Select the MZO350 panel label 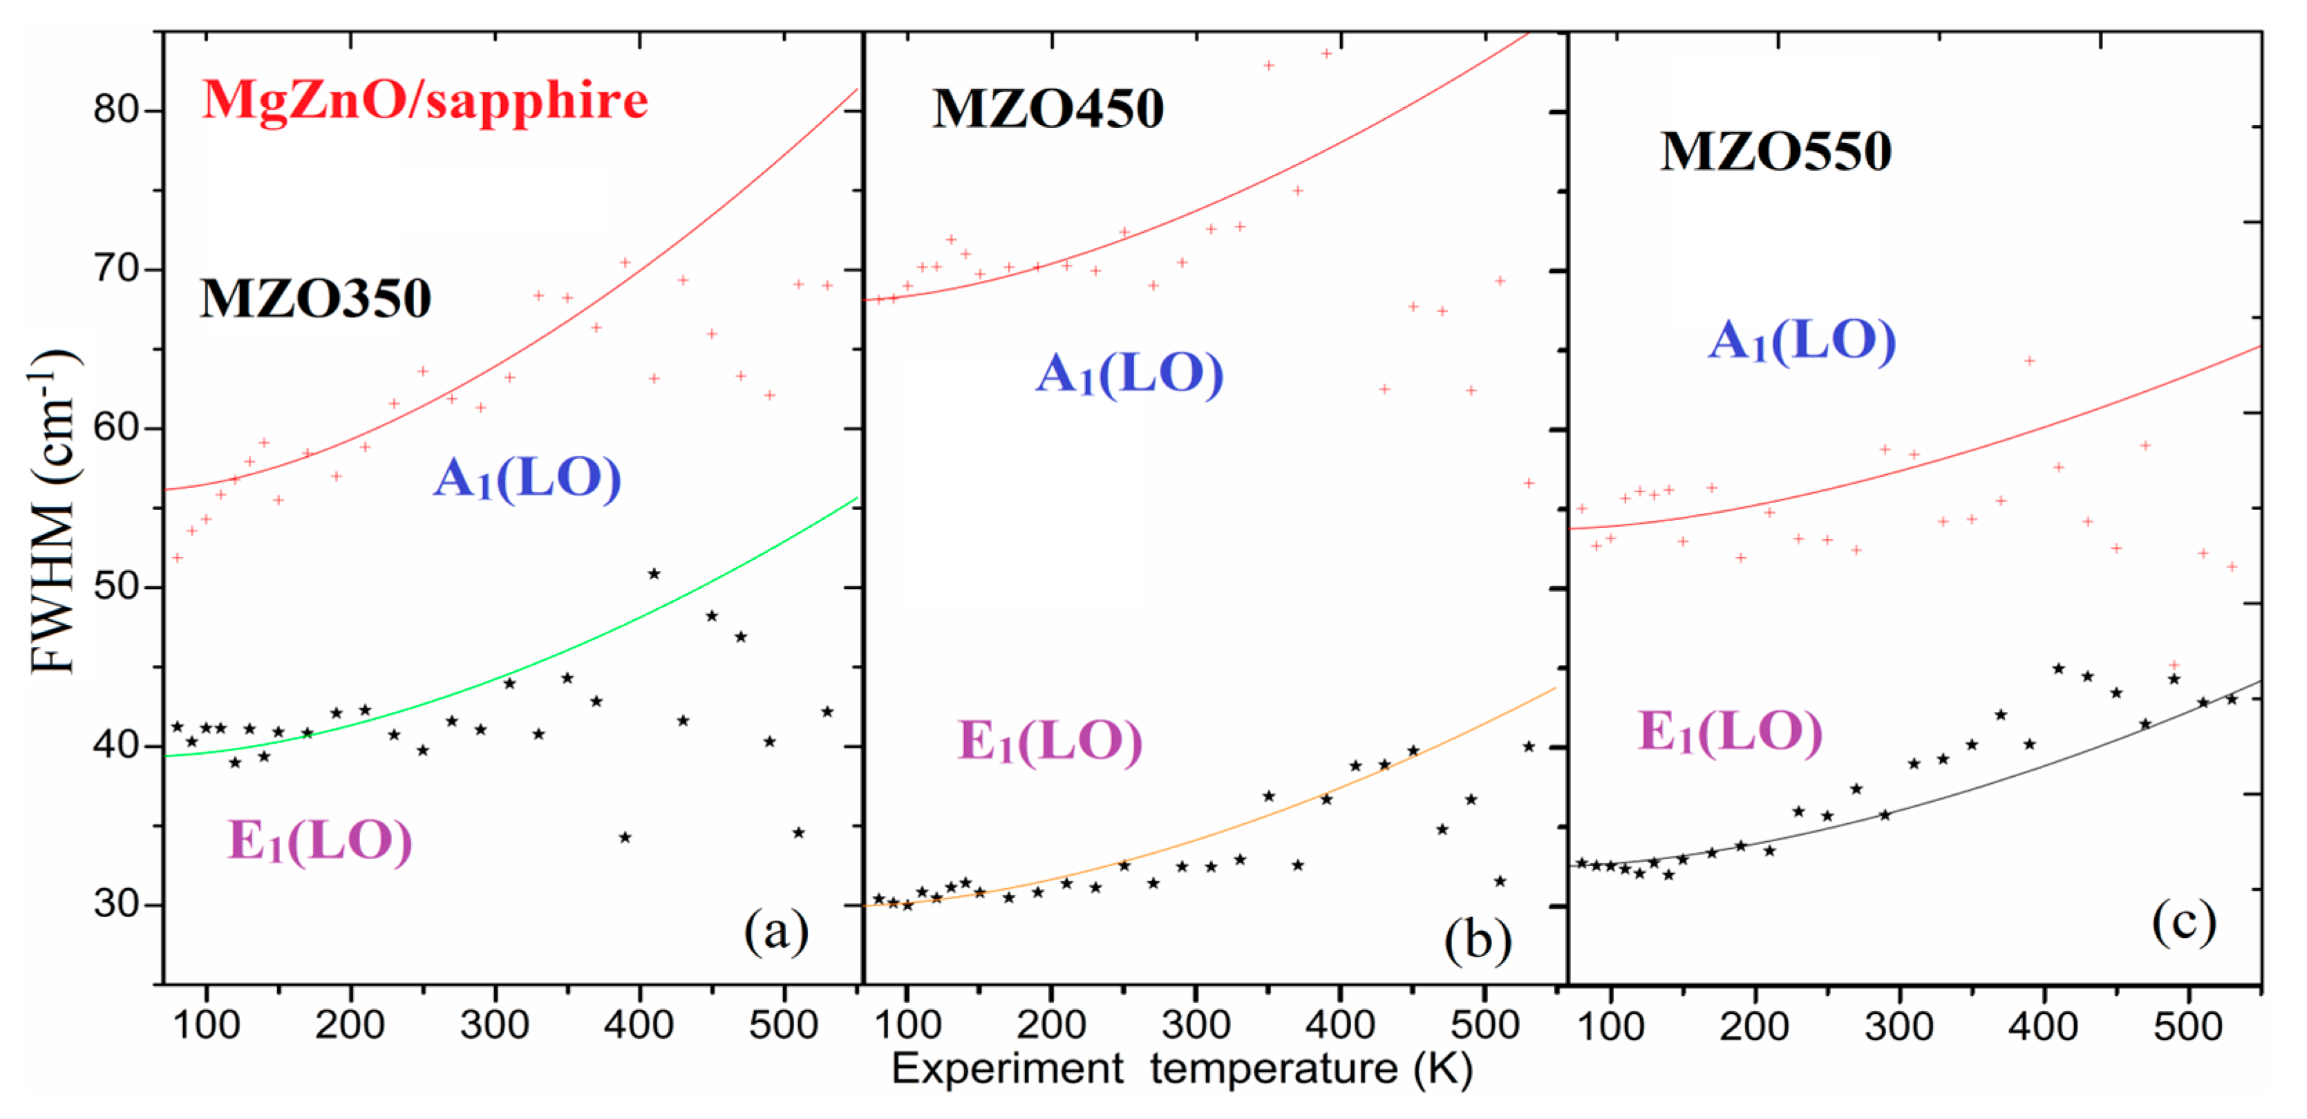coord(315,299)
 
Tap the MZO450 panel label coord(1048,109)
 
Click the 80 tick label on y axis coord(115,109)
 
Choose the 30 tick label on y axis coord(115,904)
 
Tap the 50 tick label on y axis coord(115,587)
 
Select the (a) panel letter coord(775,931)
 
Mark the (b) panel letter coord(1477,941)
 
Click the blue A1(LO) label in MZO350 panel coord(527,478)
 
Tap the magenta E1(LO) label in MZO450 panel coord(1050,742)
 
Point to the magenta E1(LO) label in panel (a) coord(320,841)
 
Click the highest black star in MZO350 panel coord(654,574)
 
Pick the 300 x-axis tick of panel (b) coord(1196,1025)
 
